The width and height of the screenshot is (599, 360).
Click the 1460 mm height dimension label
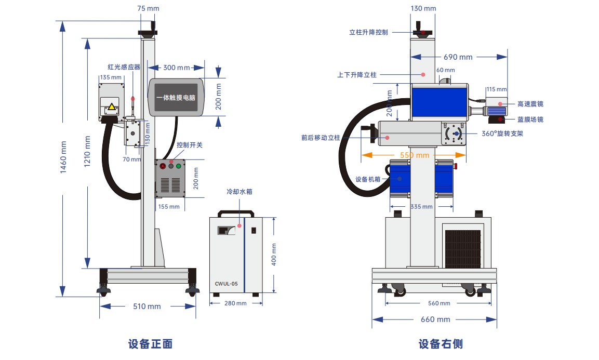(x=63, y=157)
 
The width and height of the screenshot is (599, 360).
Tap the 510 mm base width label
(x=147, y=306)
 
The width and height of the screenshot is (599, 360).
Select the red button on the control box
(x=163, y=166)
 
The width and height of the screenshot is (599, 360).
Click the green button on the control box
(x=178, y=166)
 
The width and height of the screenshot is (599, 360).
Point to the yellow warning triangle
(x=112, y=106)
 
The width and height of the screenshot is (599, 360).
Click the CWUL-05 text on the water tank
(x=226, y=284)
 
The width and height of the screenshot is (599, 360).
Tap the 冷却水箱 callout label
(x=239, y=192)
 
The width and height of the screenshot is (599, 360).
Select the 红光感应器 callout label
(x=124, y=67)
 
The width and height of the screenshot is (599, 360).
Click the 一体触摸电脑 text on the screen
(x=176, y=98)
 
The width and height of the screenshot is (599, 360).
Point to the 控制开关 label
(x=190, y=145)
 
